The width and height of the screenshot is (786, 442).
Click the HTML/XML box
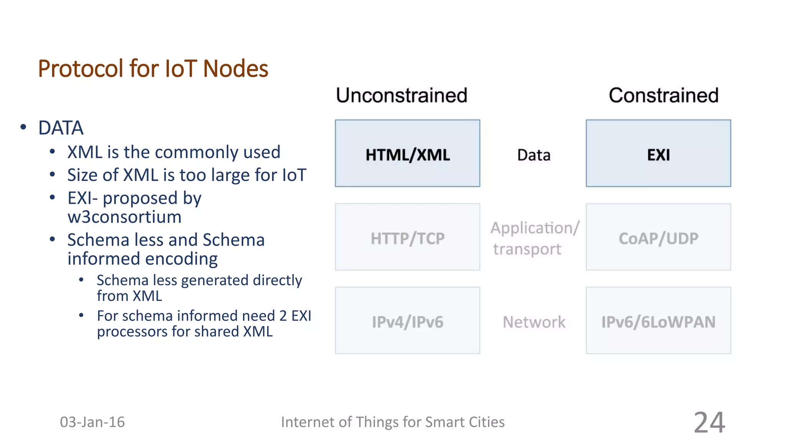coord(407,153)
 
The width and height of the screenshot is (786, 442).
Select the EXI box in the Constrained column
coord(658,153)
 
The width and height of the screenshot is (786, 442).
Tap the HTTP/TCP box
coord(407,237)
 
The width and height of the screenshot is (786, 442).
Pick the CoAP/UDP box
coord(658,237)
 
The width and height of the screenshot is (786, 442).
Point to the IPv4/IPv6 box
coord(407,321)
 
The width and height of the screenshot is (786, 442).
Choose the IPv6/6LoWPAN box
coord(658,321)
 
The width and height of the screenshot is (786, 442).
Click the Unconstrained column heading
coord(401,95)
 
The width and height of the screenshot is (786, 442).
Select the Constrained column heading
coord(664,95)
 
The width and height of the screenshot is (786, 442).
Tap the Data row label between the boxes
coord(533,155)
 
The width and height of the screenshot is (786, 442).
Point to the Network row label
coord(534,322)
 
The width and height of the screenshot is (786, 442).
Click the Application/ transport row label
coord(534,238)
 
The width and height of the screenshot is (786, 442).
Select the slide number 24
coord(709,422)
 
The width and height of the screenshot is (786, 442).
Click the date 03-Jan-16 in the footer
coord(92,422)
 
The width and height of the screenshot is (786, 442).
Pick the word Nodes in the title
coord(235,69)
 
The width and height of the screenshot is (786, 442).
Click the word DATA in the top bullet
coord(61,128)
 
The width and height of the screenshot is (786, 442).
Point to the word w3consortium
coord(124,217)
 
